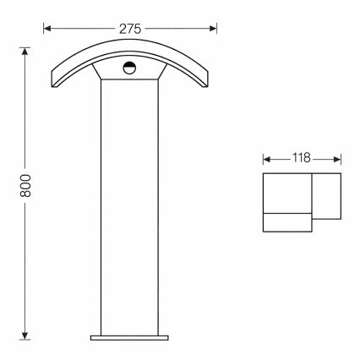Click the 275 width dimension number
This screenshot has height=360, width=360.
(130, 28)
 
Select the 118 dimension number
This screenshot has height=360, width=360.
(302, 158)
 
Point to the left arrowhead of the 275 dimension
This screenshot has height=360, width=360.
(47, 28)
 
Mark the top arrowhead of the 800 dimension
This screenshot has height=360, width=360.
(26, 48)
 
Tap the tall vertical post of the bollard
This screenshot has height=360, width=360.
(130, 211)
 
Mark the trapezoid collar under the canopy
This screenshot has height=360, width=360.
(130, 75)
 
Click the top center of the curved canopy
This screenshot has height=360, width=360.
(130, 46)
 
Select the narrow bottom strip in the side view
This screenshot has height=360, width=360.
(287, 223)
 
